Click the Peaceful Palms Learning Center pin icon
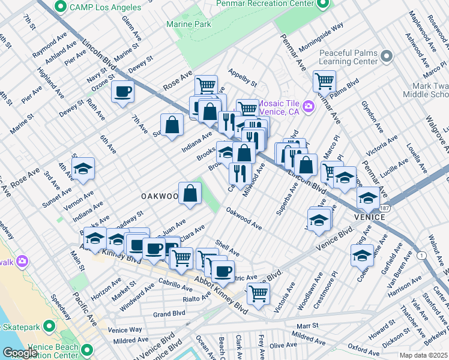386,57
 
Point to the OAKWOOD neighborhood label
160,196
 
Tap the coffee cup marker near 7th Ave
123,92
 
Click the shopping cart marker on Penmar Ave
324,80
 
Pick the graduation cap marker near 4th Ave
83,169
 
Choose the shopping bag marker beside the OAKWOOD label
190,194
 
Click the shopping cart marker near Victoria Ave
258,293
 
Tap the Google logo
20,353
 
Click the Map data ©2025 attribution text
423,355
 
